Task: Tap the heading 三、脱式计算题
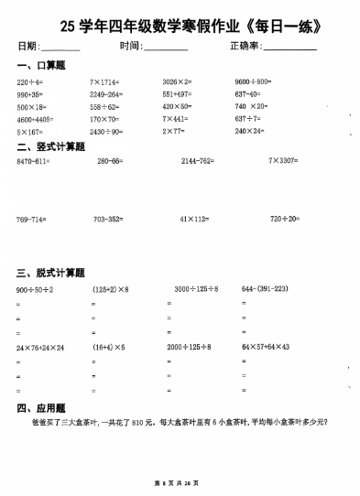50,273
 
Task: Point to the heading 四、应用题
40,408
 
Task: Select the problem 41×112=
195,220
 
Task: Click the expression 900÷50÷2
35,289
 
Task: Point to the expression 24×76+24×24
41,348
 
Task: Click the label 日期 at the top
27,46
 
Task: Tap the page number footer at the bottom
180,481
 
